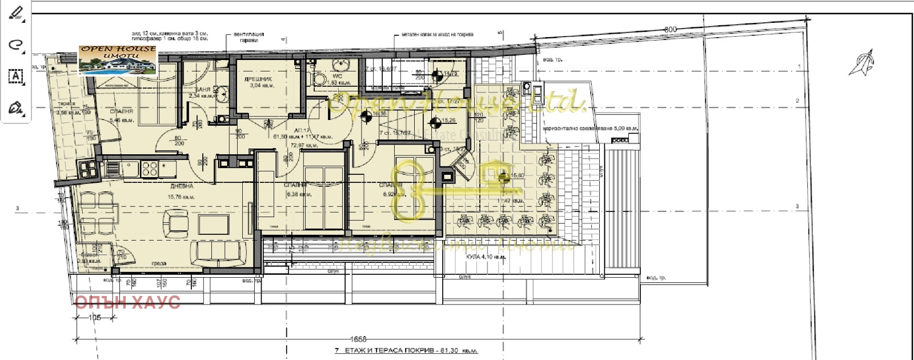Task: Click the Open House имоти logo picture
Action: (x=118, y=60)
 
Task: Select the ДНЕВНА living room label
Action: (x=181, y=186)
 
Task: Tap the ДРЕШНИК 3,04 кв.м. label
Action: (x=262, y=82)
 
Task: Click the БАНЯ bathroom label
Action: (x=202, y=91)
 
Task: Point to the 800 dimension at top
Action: (x=671, y=30)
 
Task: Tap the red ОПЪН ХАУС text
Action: (x=127, y=302)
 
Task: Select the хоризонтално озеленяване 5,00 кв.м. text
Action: (x=590, y=129)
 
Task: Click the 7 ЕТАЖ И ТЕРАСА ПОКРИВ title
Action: (x=405, y=350)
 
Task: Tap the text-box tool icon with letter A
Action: (x=15, y=76)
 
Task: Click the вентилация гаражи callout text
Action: (x=248, y=38)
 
